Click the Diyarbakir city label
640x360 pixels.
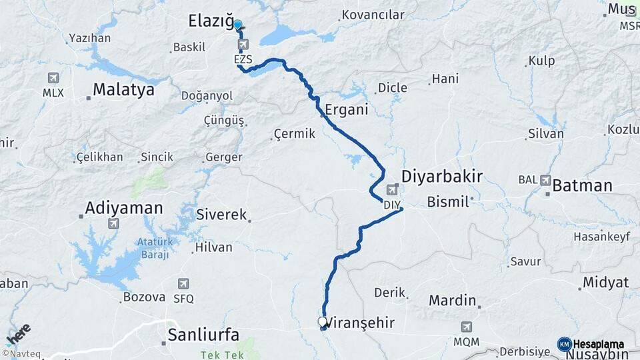click(x=442, y=177)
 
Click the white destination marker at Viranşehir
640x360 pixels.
click(x=323, y=322)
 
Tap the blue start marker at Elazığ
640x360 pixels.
click(x=237, y=25)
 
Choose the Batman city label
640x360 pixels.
click(x=582, y=186)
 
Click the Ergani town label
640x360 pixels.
click(x=347, y=109)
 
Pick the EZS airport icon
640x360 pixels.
click(x=243, y=45)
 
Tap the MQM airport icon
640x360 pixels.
click(x=467, y=327)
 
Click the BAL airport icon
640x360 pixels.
click(x=546, y=179)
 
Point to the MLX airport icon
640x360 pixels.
click(x=53, y=79)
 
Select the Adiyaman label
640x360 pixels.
click(x=125, y=208)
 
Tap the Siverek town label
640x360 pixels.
click(x=221, y=215)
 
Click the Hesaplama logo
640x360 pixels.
click(x=591, y=345)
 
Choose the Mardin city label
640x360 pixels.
click(x=452, y=301)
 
